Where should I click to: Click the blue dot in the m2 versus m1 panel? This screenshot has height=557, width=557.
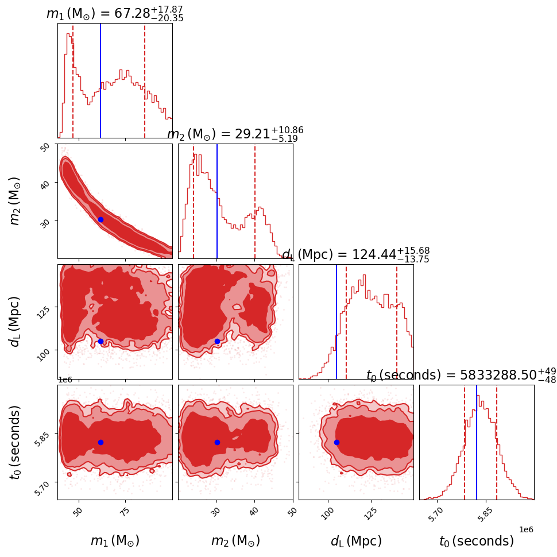pyautogui.click(x=100, y=219)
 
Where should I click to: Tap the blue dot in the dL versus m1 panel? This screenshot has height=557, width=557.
pyautogui.click(x=100, y=341)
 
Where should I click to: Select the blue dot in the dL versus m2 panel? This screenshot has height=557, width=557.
pyautogui.click(x=217, y=341)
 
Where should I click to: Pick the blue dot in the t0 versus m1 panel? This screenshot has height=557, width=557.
pyautogui.click(x=100, y=442)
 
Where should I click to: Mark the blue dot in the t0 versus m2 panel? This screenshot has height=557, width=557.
pyautogui.click(x=217, y=442)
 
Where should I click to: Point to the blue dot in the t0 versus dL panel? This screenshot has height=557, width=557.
pyautogui.click(x=336, y=442)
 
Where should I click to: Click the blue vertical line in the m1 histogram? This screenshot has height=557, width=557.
pyautogui.click(x=100, y=80)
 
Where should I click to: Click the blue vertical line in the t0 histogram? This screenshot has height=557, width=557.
pyautogui.click(x=477, y=442)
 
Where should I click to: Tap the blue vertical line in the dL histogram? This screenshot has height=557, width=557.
pyautogui.click(x=336, y=322)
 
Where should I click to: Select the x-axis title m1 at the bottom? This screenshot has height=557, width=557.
pyautogui.click(x=115, y=541)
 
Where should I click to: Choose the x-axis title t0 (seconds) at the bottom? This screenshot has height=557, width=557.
pyautogui.click(x=476, y=541)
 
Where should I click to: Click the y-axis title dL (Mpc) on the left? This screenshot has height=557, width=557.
pyautogui.click(x=15, y=322)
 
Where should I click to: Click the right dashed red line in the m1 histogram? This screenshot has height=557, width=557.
pyautogui.click(x=145, y=80)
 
